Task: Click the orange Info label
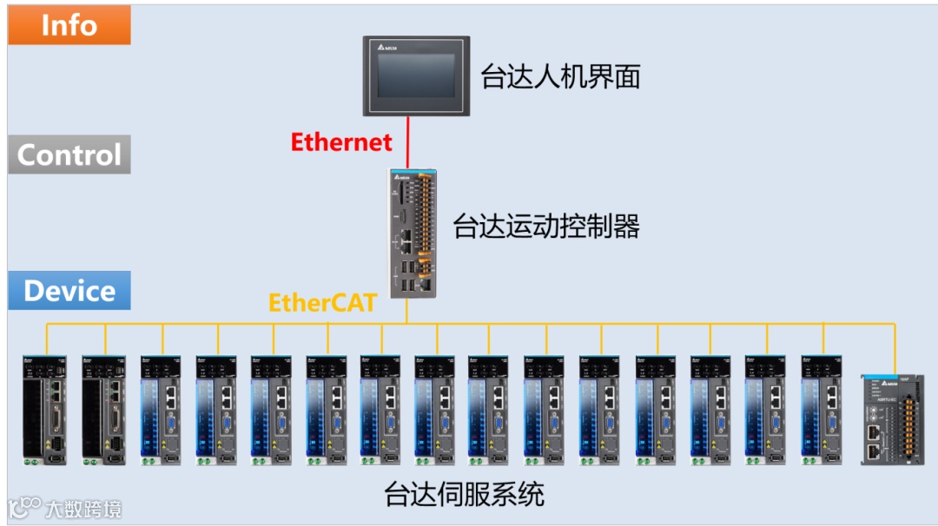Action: (x=69, y=25)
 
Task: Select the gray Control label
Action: (x=69, y=155)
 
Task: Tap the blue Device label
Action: (x=69, y=291)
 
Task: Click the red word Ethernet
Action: (x=341, y=141)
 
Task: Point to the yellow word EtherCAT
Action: (x=322, y=302)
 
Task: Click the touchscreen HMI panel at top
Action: (x=416, y=76)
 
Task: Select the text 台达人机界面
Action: (x=560, y=77)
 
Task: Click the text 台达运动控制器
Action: (x=546, y=227)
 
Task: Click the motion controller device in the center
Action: (x=411, y=232)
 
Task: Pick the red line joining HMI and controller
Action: (x=408, y=142)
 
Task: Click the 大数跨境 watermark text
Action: (x=83, y=509)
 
